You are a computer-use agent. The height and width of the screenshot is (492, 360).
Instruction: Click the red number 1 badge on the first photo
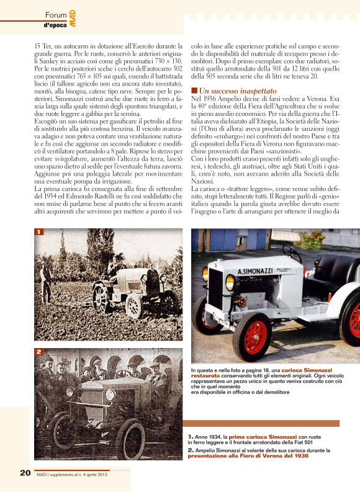point(38,232)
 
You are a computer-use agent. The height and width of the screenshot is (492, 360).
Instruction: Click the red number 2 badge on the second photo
point(38,352)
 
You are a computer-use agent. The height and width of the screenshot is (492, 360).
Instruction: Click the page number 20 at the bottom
point(25,473)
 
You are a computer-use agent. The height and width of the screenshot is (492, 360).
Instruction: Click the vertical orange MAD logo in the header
point(72,17)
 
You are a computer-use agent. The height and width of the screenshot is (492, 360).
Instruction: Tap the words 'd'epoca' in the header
point(56,25)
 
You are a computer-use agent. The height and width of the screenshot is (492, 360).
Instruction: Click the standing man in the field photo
point(47,282)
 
